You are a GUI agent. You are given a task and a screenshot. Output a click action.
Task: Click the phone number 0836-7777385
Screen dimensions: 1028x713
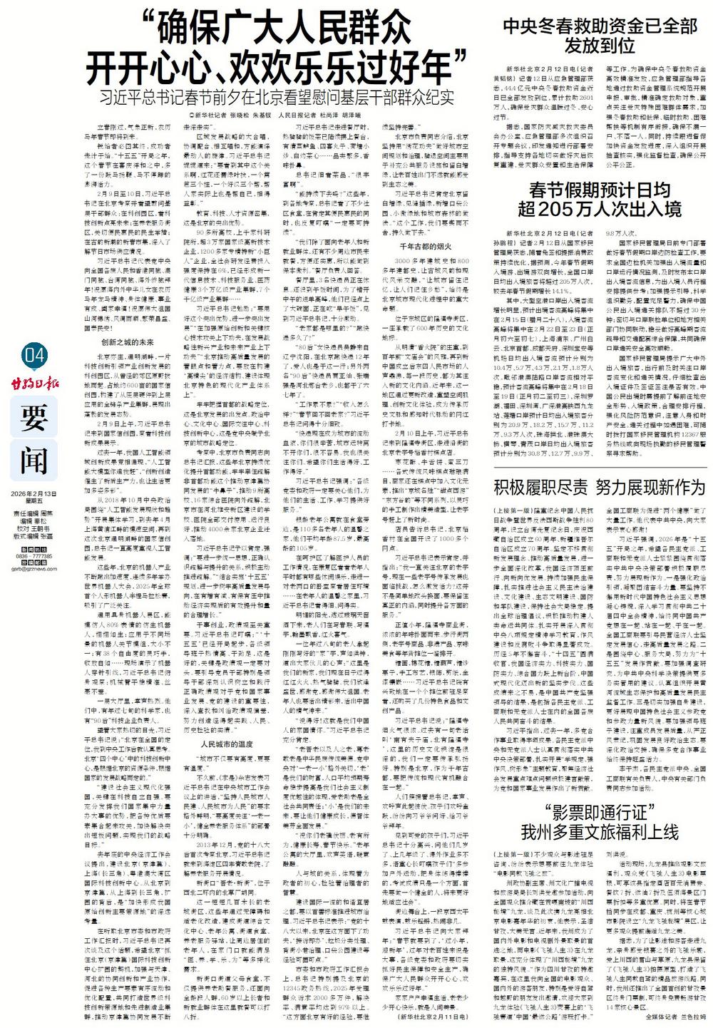click(x=34, y=555)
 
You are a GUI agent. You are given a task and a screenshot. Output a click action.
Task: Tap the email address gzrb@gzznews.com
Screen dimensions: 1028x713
click(x=34, y=569)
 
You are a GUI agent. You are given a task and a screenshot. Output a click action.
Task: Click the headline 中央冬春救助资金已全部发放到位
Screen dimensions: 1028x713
click(x=600, y=36)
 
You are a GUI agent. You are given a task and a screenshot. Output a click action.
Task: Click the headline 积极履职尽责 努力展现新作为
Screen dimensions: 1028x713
click(x=600, y=488)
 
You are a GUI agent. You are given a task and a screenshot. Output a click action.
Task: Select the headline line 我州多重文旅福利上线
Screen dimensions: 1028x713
click(x=600, y=831)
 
